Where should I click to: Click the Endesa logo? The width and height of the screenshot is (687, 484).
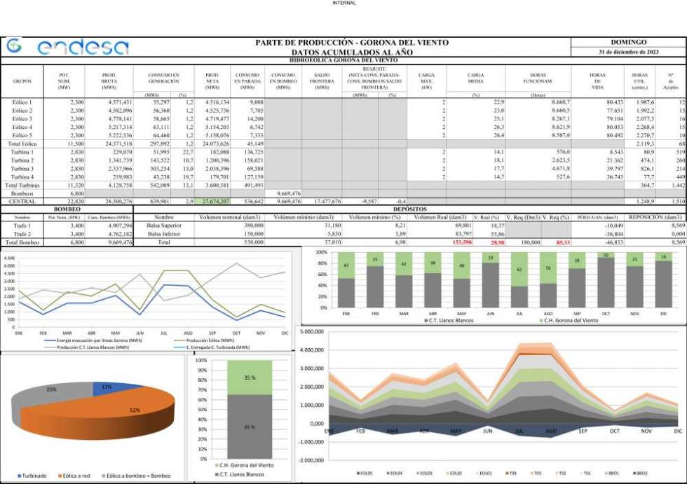pos(68,47)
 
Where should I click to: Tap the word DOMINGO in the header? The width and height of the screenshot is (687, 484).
pos(628,43)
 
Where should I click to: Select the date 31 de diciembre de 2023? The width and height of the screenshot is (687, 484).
pos(628,53)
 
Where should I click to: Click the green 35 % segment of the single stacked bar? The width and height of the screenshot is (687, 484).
pos(250,378)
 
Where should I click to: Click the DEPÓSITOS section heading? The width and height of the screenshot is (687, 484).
pos(406,209)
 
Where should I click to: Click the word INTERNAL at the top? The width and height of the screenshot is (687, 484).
pos(343,3)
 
